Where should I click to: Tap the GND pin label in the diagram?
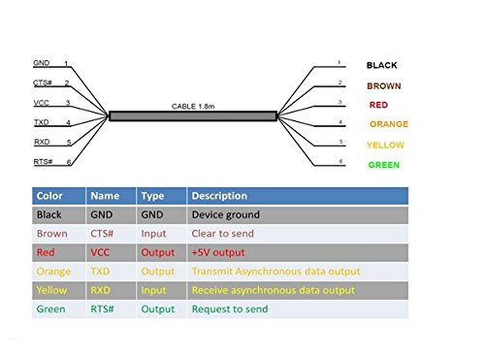41,63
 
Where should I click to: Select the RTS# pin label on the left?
43,161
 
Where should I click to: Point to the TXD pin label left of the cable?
42,121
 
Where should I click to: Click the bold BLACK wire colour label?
381,65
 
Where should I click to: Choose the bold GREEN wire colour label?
383,165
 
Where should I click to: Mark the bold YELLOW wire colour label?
386,145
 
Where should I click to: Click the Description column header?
219,196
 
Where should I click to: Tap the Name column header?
106,196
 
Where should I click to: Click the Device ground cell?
225,214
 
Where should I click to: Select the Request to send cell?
227,310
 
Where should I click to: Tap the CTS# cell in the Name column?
105,234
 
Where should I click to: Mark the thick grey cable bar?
193,116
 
